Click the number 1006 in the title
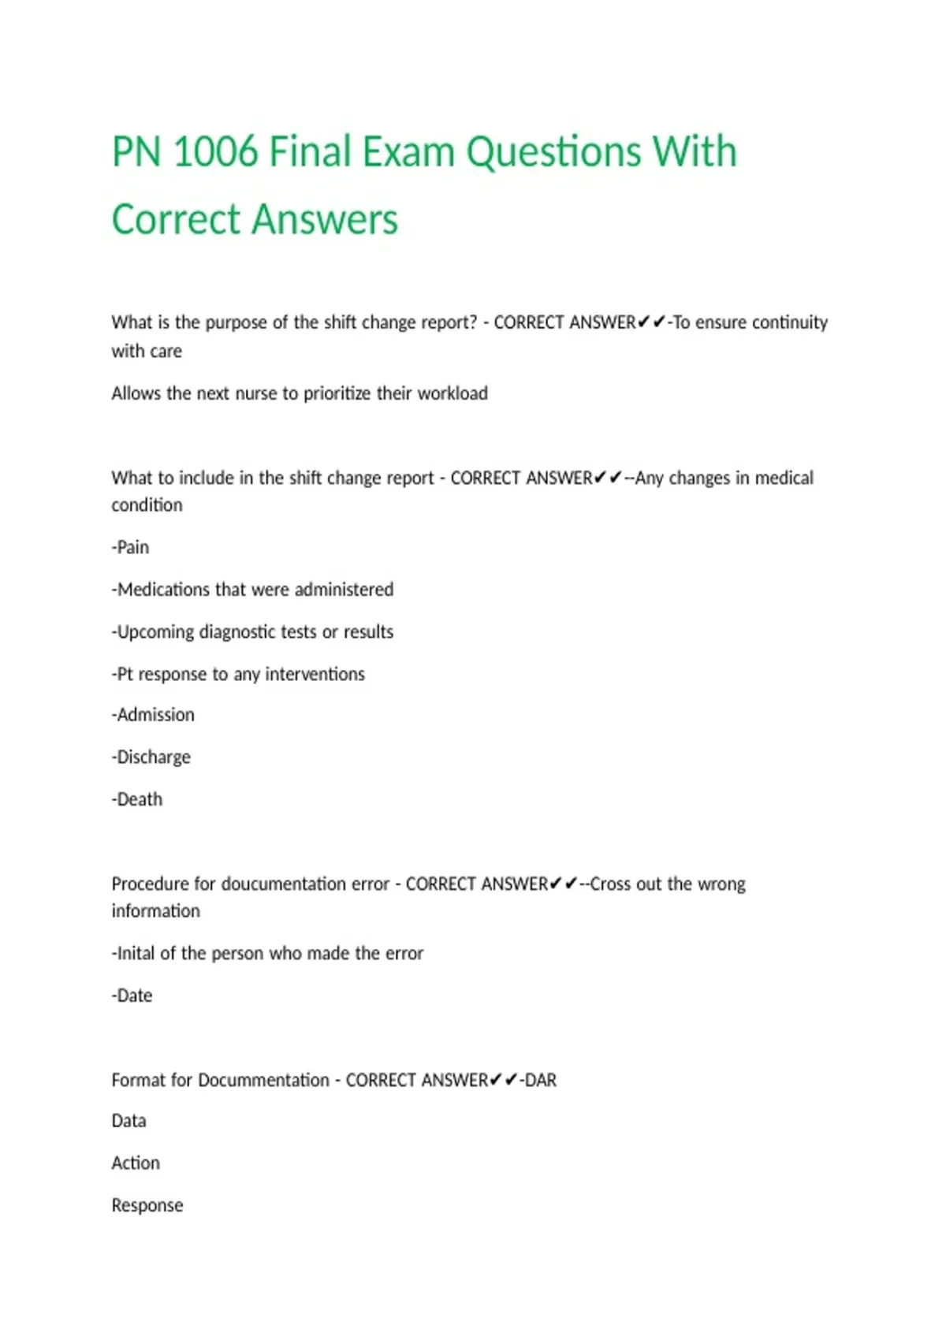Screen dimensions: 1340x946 pyautogui.click(x=214, y=151)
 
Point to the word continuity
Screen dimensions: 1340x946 pyautogui.click(x=789, y=322)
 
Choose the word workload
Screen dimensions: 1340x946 pyautogui.click(x=452, y=393)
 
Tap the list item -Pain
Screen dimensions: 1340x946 pyautogui.click(x=130, y=547)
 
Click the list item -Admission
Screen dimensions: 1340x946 pyautogui.click(x=153, y=715)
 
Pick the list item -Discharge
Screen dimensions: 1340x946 pyautogui.click(x=151, y=757)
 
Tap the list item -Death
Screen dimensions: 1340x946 pyautogui.click(x=137, y=799)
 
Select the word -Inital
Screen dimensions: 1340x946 pyautogui.click(x=134, y=954)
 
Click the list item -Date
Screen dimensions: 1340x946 pyautogui.click(x=132, y=996)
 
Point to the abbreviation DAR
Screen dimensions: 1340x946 pyautogui.click(x=540, y=1080)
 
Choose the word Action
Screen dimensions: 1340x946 pyautogui.click(x=136, y=1163)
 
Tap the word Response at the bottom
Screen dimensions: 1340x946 pyautogui.click(x=147, y=1206)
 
